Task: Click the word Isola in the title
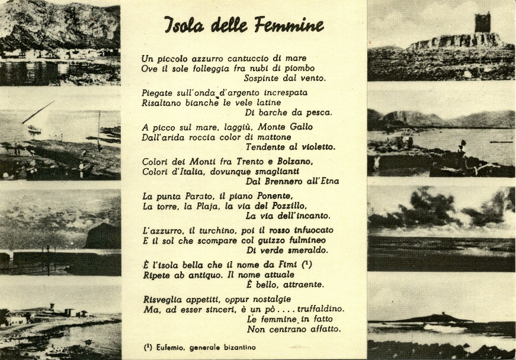click(x=184, y=25)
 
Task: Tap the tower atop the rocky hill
click(x=482, y=22)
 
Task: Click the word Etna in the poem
click(x=323, y=181)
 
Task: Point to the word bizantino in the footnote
click(x=237, y=348)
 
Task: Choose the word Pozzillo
click(x=287, y=205)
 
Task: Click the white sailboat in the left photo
click(x=34, y=127)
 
